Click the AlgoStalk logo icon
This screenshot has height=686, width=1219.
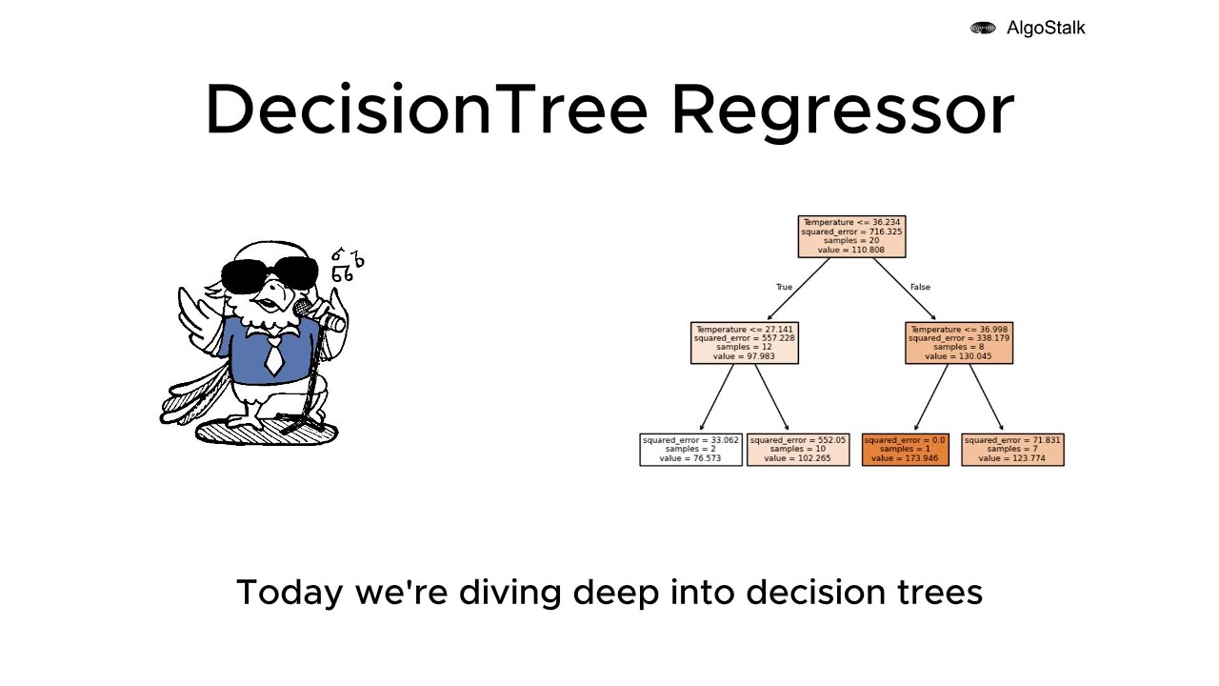point(983,29)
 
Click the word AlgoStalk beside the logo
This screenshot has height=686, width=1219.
point(1046,29)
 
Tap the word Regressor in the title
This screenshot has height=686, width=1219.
point(842,110)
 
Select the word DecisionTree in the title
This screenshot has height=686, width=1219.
point(426,110)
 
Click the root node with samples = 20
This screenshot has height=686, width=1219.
point(851,236)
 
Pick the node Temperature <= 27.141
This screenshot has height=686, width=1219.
point(744,343)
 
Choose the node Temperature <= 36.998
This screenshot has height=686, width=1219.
point(958,343)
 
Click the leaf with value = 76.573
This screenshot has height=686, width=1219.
point(690,450)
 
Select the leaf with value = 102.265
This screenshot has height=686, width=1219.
point(797,450)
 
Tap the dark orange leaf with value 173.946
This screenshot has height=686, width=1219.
point(905,450)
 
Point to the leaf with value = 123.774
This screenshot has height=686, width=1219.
point(1011,450)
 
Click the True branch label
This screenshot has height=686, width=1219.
point(784,287)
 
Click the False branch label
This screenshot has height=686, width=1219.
point(920,287)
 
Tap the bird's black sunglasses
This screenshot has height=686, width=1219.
point(275,272)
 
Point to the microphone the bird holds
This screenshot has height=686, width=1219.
point(305,308)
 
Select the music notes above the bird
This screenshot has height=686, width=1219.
point(347,266)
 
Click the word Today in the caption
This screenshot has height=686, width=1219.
point(290,593)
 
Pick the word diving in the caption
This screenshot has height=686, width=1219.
point(510,593)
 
